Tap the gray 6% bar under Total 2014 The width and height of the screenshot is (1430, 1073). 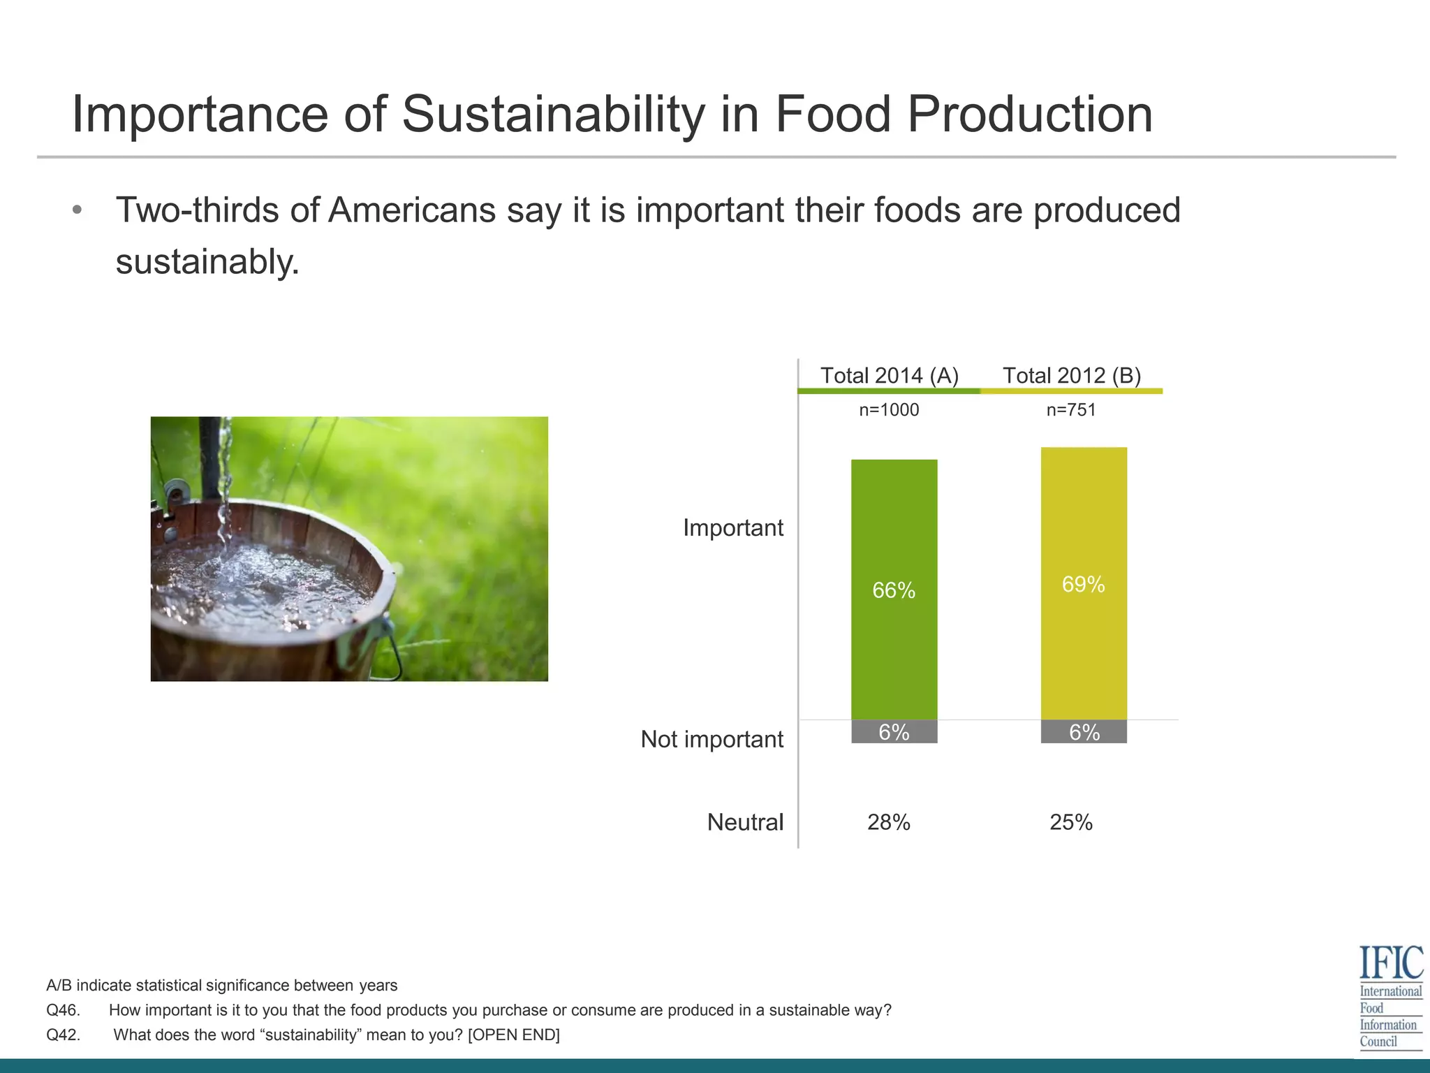coord(894,731)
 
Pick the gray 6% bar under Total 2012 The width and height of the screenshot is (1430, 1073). coord(1084,731)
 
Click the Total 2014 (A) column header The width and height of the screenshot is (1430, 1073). coord(889,375)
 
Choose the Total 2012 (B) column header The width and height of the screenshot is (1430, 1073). coord(1072,375)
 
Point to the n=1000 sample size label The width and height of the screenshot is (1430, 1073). coord(889,410)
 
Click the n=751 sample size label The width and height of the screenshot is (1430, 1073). coord(1071,410)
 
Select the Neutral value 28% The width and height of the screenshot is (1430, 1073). coord(889,822)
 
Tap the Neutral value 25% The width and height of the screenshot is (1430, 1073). coord(1071,822)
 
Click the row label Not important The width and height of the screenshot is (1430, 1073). coord(712,739)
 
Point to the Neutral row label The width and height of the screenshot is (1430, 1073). coord(745,822)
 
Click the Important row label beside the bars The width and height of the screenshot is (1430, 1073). coord(732,527)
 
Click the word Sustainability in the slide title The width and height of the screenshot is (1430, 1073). coord(553,114)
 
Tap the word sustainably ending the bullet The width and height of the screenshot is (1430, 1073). coord(207,263)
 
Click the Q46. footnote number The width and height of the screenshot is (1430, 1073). coord(64,1010)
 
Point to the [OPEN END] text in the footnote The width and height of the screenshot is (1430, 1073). coord(513,1035)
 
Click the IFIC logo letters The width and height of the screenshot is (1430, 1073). coord(1391,963)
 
